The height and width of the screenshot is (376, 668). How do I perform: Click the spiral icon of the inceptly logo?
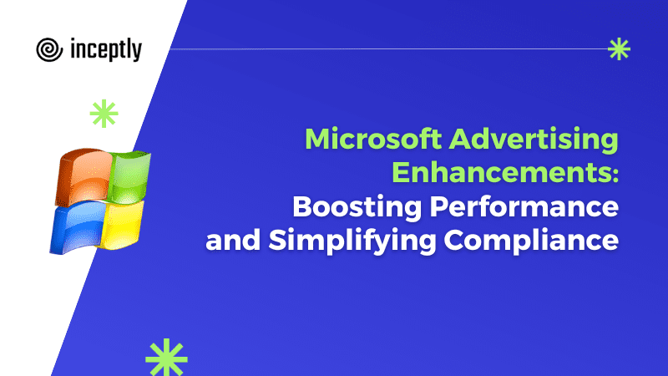[49, 49]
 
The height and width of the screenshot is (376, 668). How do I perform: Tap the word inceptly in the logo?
[106, 49]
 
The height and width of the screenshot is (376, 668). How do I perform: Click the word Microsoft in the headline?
[373, 139]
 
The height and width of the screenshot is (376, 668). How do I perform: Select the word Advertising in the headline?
[534, 140]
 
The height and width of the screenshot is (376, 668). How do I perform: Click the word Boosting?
[357, 207]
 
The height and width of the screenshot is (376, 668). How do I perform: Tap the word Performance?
[524, 206]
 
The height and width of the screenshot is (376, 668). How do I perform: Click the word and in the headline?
[233, 240]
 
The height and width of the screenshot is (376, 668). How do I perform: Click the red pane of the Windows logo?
[83, 175]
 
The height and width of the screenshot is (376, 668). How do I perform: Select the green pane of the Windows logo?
[128, 176]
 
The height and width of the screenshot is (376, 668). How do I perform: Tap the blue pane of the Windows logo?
[77, 226]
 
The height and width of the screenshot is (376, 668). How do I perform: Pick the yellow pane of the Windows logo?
[121, 224]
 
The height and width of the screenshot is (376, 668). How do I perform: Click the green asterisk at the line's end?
[619, 49]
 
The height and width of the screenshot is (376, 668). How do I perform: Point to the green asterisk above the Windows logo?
[104, 114]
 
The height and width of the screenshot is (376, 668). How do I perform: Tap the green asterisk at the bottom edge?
[166, 358]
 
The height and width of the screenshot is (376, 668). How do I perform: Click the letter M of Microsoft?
[317, 139]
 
